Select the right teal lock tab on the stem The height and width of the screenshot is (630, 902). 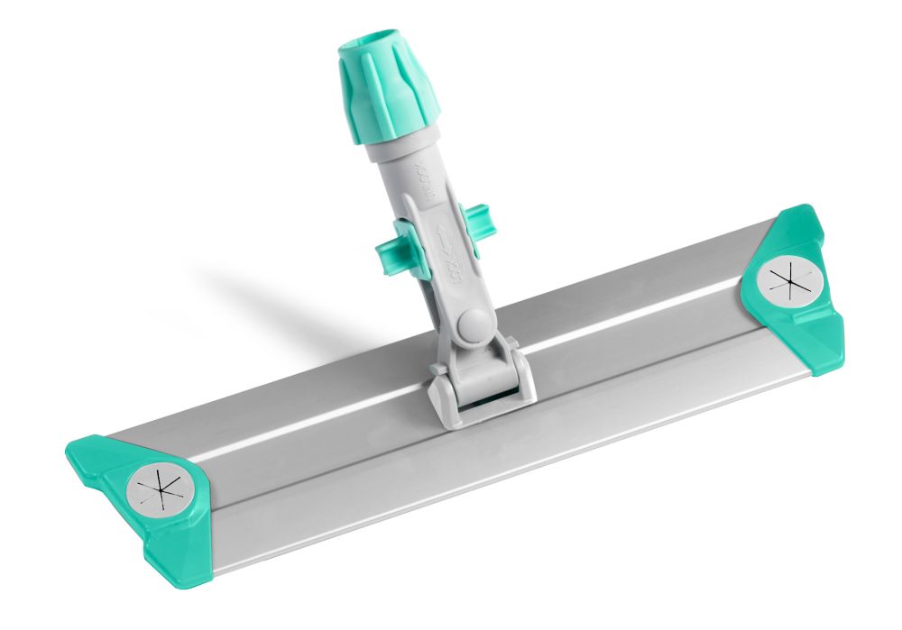click(475, 224)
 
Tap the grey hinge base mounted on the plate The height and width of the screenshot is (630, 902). click(482, 383)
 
